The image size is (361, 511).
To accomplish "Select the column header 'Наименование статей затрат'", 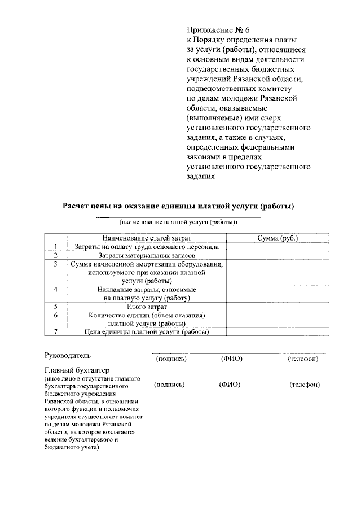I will point(147,238).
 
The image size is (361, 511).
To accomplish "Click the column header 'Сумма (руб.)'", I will point(278,238).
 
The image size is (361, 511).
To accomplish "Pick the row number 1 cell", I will point(56,247).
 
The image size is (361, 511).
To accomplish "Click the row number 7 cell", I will point(56,331).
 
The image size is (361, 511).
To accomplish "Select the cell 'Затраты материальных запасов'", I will point(147,255).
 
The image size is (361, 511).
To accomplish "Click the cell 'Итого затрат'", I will point(147,306).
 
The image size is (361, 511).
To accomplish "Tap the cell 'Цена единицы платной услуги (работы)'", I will point(147,331).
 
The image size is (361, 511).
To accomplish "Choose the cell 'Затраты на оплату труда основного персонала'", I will point(147,247).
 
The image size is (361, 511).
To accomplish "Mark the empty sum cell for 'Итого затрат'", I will point(278,306).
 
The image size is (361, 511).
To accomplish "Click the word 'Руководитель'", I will point(67,356).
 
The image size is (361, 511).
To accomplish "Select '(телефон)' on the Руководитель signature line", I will point(302,359).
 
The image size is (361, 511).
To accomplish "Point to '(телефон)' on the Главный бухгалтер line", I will point(305,384).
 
